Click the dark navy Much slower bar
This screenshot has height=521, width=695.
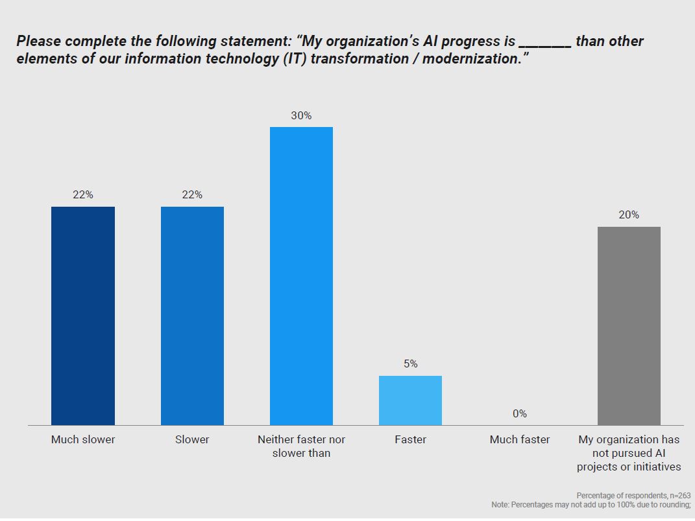click(x=83, y=316)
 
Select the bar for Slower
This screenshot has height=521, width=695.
click(x=192, y=316)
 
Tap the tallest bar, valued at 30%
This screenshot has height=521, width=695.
click(x=301, y=276)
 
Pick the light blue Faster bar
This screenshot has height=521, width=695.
click(x=410, y=400)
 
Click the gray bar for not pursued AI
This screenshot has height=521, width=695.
click(x=629, y=326)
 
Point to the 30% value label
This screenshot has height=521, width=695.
click(x=301, y=116)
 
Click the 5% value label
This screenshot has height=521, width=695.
click(x=410, y=364)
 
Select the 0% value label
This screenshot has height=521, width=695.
click(x=519, y=413)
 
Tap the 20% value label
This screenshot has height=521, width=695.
click(x=629, y=215)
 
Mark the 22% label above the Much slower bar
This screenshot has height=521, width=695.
click(x=83, y=195)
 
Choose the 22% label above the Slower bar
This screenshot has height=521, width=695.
click(x=192, y=195)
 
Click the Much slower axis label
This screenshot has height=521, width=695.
click(x=83, y=439)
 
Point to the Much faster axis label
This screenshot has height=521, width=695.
click(x=519, y=439)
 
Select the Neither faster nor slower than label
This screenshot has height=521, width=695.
click(x=301, y=446)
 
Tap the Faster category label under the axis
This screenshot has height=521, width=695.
click(x=410, y=439)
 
